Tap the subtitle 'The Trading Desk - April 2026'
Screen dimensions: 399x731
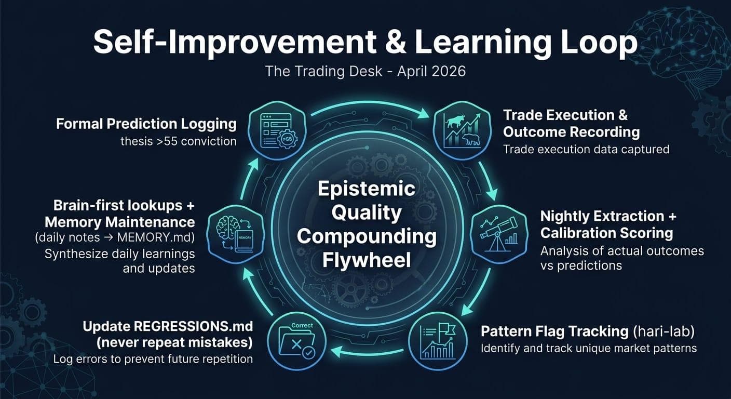pyautogui.click(x=365, y=71)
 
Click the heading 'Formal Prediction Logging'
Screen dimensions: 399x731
pyautogui.click(x=146, y=124)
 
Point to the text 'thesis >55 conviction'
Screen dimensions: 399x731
pyautogui.click(x=178, y=141)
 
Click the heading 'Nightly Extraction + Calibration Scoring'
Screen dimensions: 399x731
pyautogui.click(x=608, y=224)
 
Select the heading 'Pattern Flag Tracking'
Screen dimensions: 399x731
pyautogui.click(x=555, y=331)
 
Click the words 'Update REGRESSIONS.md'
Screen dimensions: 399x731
pyautogui.click(x=168, y=326)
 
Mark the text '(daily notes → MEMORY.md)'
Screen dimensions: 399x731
pyautogui.click(x=115, y=238)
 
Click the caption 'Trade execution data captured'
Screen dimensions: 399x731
pyautogui.click(x=586, y=150)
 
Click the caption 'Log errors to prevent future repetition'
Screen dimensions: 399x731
pyautogui.click(x=153, y=359)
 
